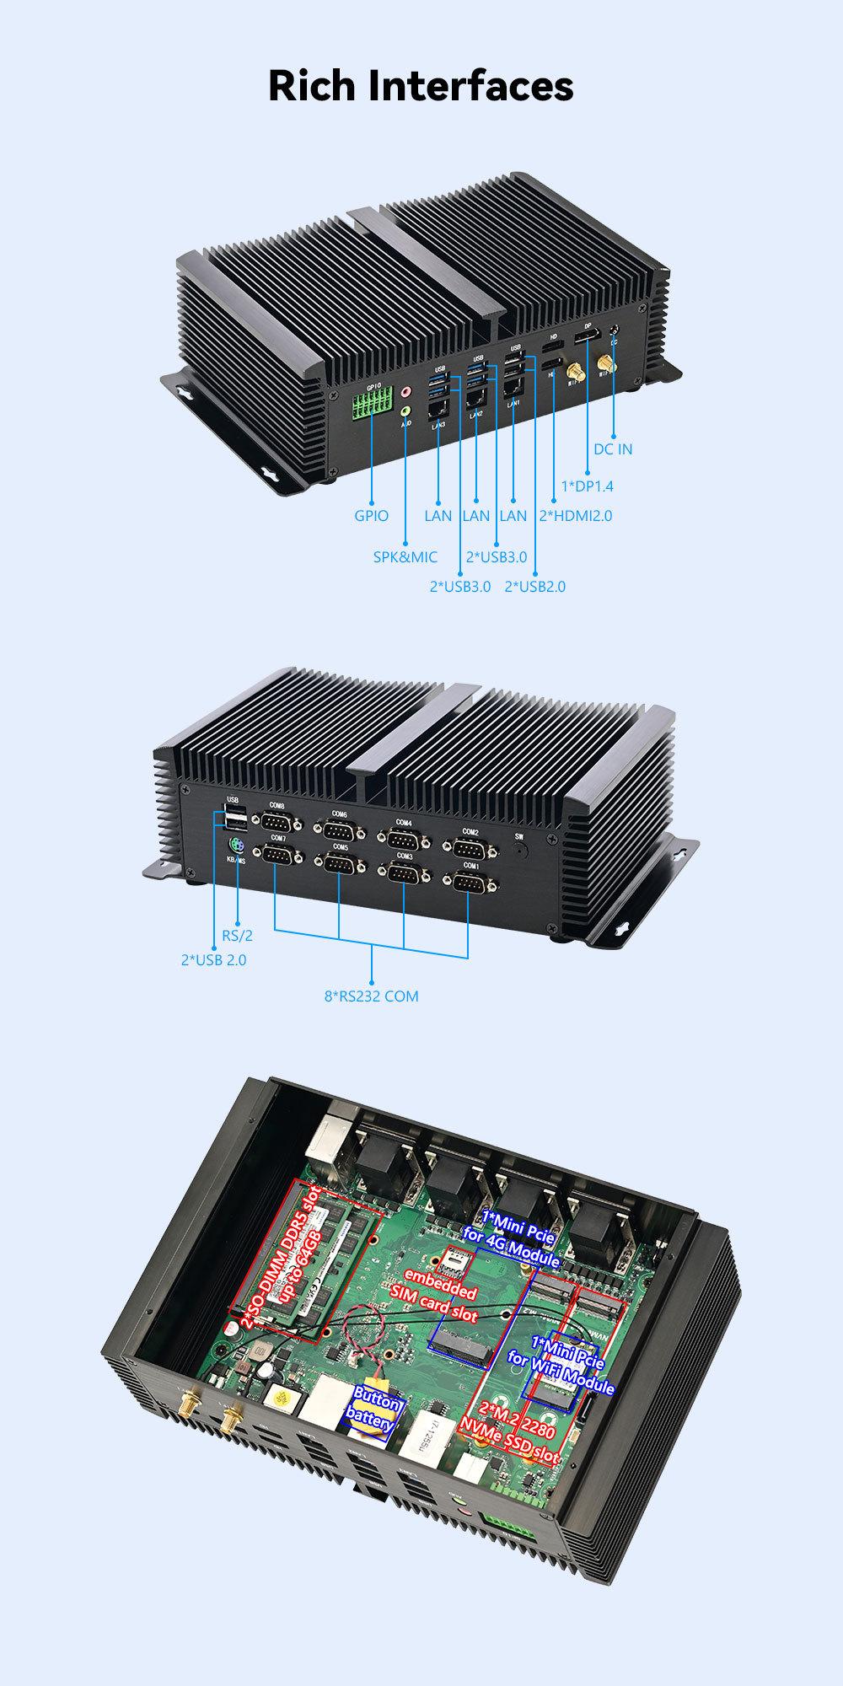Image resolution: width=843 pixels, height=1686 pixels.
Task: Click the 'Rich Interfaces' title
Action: (421, 86)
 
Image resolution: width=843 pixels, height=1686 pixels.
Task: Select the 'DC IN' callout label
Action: (613, 449)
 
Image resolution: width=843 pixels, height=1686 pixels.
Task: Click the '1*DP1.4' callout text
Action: (588, 486)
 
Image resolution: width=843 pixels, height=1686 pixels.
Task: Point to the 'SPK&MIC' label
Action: (405, 557)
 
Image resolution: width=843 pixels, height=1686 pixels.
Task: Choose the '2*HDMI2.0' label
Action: (576, 516)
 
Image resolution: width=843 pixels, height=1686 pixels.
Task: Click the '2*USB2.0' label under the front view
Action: (535, 587)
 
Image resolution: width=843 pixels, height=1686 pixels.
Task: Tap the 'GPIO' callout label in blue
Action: (372, 516)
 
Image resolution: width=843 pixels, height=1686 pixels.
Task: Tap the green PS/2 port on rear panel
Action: (235, 845)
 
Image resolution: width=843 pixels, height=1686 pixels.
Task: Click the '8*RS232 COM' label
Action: (372, 996)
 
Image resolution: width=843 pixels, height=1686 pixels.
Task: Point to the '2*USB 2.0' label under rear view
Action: (214, 959)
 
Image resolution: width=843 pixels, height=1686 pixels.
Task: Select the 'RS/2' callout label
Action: (238, 935)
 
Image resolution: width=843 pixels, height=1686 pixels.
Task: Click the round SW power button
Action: (518, 850)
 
